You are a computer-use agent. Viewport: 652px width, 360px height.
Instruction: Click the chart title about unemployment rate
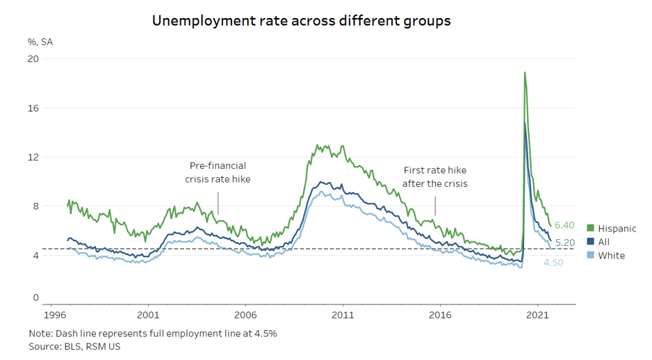301,21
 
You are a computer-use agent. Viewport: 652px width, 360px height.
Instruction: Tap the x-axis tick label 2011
343,315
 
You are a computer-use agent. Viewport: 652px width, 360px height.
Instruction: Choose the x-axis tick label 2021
539,315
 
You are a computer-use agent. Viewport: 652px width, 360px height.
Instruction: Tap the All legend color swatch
591,242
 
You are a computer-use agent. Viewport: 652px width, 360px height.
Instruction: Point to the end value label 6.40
564,225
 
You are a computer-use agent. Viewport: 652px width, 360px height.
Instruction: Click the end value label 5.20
564,242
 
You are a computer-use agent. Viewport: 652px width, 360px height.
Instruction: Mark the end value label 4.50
553,262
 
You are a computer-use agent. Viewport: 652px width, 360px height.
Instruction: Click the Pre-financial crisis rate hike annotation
218,172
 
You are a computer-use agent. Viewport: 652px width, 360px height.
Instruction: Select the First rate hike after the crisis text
435,177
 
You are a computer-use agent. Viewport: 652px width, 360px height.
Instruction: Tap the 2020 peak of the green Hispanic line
525,72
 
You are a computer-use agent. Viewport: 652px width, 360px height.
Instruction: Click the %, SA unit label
40,41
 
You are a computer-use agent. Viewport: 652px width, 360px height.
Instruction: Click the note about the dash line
153,333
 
